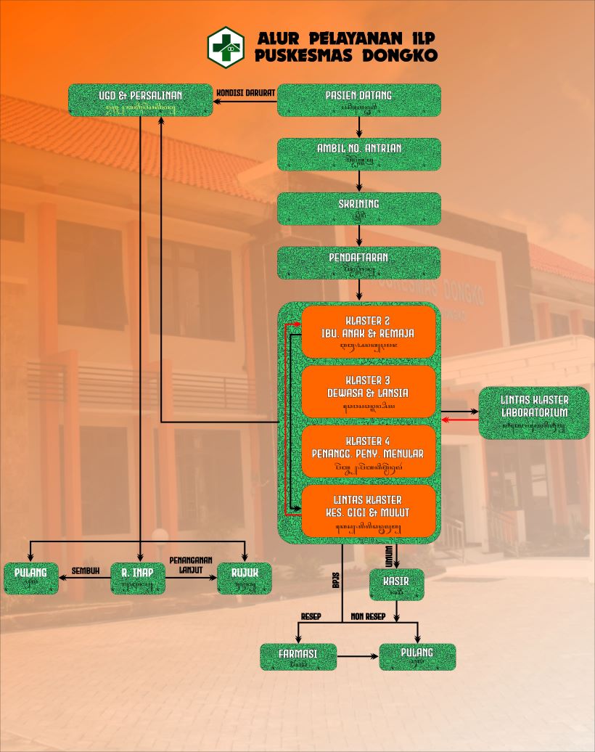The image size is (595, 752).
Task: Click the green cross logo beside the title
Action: [226, 46]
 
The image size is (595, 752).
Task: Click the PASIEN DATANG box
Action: [359, 100]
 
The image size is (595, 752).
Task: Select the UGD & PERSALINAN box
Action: [141, 100]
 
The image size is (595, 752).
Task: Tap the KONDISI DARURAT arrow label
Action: [245, 93]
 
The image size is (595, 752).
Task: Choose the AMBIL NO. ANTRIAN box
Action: [359, 154]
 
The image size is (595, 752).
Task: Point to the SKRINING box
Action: [359, 208]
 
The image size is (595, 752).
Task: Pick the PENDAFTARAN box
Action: [359, 262]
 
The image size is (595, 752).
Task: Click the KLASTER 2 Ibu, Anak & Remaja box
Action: [368, 332]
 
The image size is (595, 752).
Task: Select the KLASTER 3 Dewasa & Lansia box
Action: [368, 391]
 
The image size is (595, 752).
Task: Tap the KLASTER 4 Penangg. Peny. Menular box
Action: [368, 451]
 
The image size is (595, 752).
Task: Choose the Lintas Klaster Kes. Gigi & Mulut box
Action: [368, 511]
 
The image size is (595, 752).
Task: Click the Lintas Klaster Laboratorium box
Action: [534, 413]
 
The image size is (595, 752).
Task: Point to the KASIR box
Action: [396, 584]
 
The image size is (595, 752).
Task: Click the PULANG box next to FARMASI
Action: [417, 656]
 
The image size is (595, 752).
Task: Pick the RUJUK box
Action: [245, 578]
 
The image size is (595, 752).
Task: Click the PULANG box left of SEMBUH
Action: [30, 578]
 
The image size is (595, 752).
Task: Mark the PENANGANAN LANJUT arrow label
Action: [190, 565]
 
